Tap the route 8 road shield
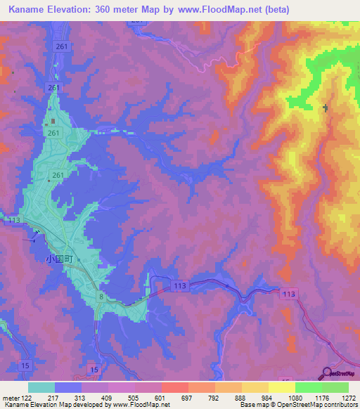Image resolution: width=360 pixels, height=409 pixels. [101, 298]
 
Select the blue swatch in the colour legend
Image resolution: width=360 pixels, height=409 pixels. [67, 387]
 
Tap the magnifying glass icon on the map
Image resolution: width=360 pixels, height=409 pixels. [327, 373]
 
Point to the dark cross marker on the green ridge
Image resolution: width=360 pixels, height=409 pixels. [325, 108]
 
